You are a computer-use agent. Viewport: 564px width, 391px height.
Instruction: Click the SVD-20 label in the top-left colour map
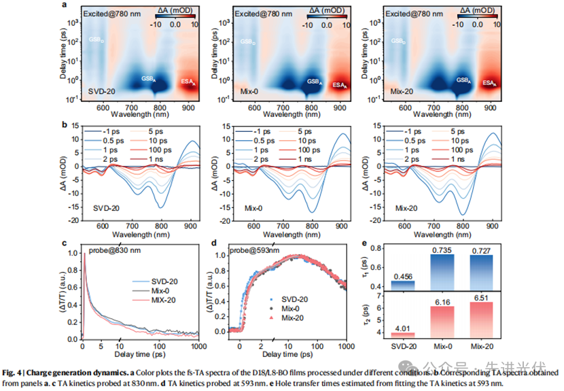tap(101, 90)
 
